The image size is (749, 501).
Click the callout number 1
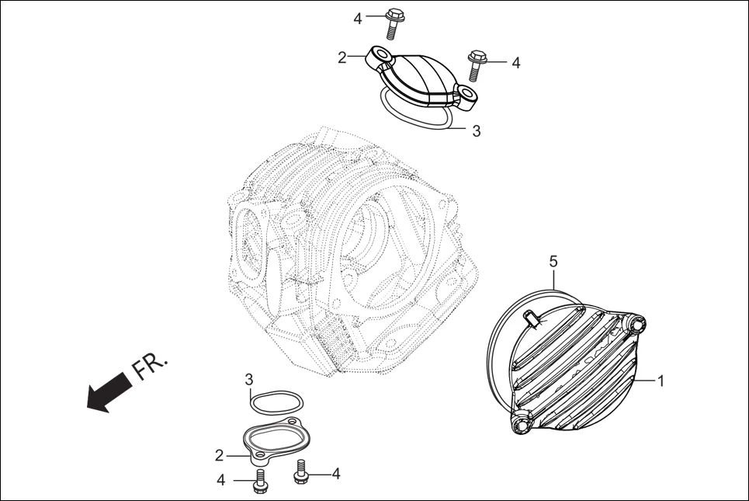tap(661, 381)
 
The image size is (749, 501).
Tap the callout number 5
tap(553, 262)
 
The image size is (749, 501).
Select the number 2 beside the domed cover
tap(342, 57)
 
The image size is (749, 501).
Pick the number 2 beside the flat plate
tap(220, 454)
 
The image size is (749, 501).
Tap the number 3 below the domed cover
tap(476, 131)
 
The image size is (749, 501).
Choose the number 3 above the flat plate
tap(249, 380)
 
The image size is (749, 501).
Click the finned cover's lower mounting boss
tap(519, 424)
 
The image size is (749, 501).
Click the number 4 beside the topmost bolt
tap(358, 19)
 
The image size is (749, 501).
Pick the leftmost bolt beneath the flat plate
tap(259, 480)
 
